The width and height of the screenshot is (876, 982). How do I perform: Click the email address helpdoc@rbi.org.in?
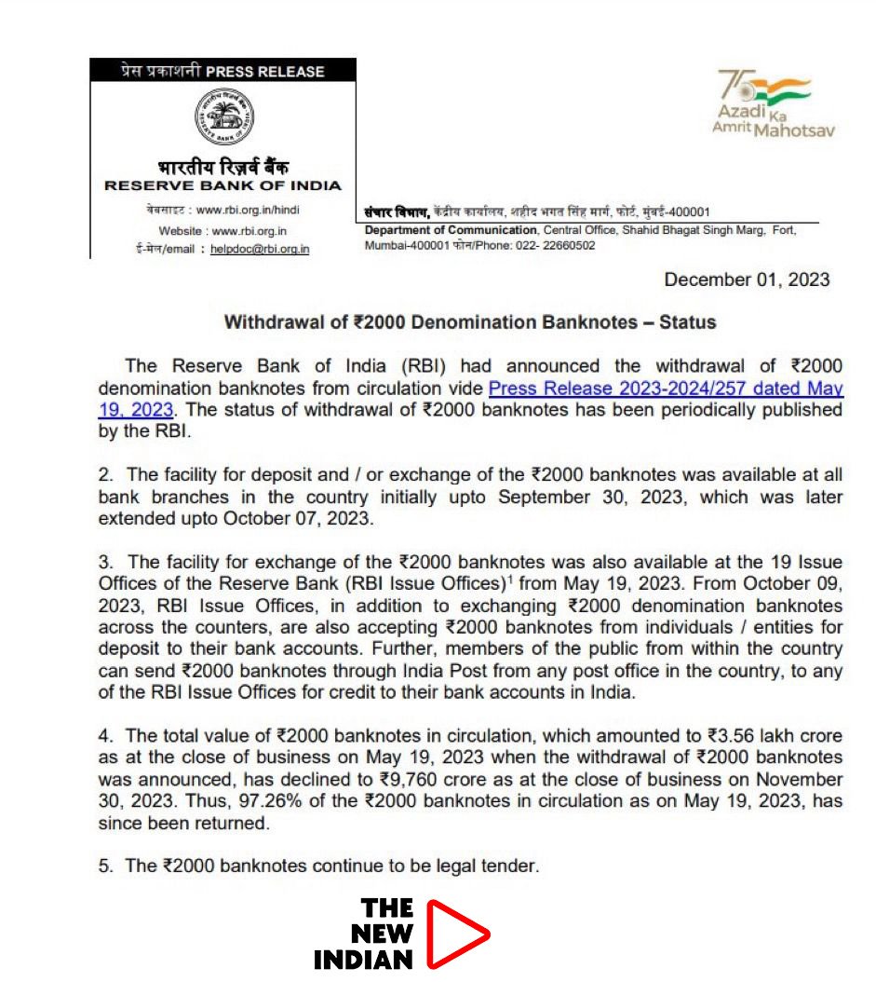pos(260,249)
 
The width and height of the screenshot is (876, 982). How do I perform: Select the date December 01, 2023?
pos(746,280)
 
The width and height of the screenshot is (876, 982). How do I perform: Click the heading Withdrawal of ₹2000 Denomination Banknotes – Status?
pos(470,322)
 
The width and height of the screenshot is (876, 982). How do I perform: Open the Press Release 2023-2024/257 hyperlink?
pos(666,389)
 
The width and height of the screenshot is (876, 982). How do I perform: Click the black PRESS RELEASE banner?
pos(222,71)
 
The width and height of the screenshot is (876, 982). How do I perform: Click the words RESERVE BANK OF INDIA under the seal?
pos(222,185)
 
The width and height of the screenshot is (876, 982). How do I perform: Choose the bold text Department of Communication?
pos(451,230)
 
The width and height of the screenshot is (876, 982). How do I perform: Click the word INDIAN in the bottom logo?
pos(363,960)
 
